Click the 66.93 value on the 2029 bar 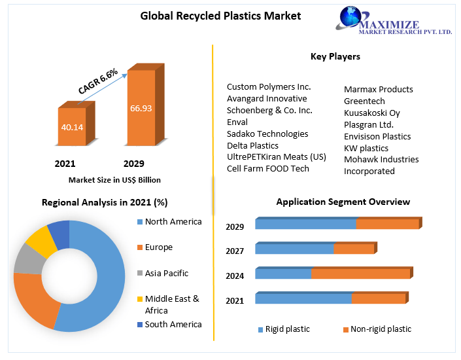pyautogui.click(x=141, y=108)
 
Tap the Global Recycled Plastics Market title pyautogui.click(x=221, y=16)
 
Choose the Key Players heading pyautogui.click(x=335, y=57)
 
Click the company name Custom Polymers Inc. pyautogui.click(x=269, y=86)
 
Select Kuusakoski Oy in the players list pyautogui.click(x=371, y=113)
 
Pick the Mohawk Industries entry pyautogui.click(x=381, y=159)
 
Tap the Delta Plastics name pyautogui.click(x=252, y=145)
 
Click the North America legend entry pyautogui.click(x=173, y=222)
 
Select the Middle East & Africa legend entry pyautogui.click(x=171, y=304)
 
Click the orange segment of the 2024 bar pyautogui.click(x=361, y=274)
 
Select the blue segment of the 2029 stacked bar pyautogui.click(x=305, y=225)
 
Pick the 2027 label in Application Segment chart pyautogui.click(x=235, y=251)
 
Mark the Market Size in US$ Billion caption pyautogui.click(x=114, y=180)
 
